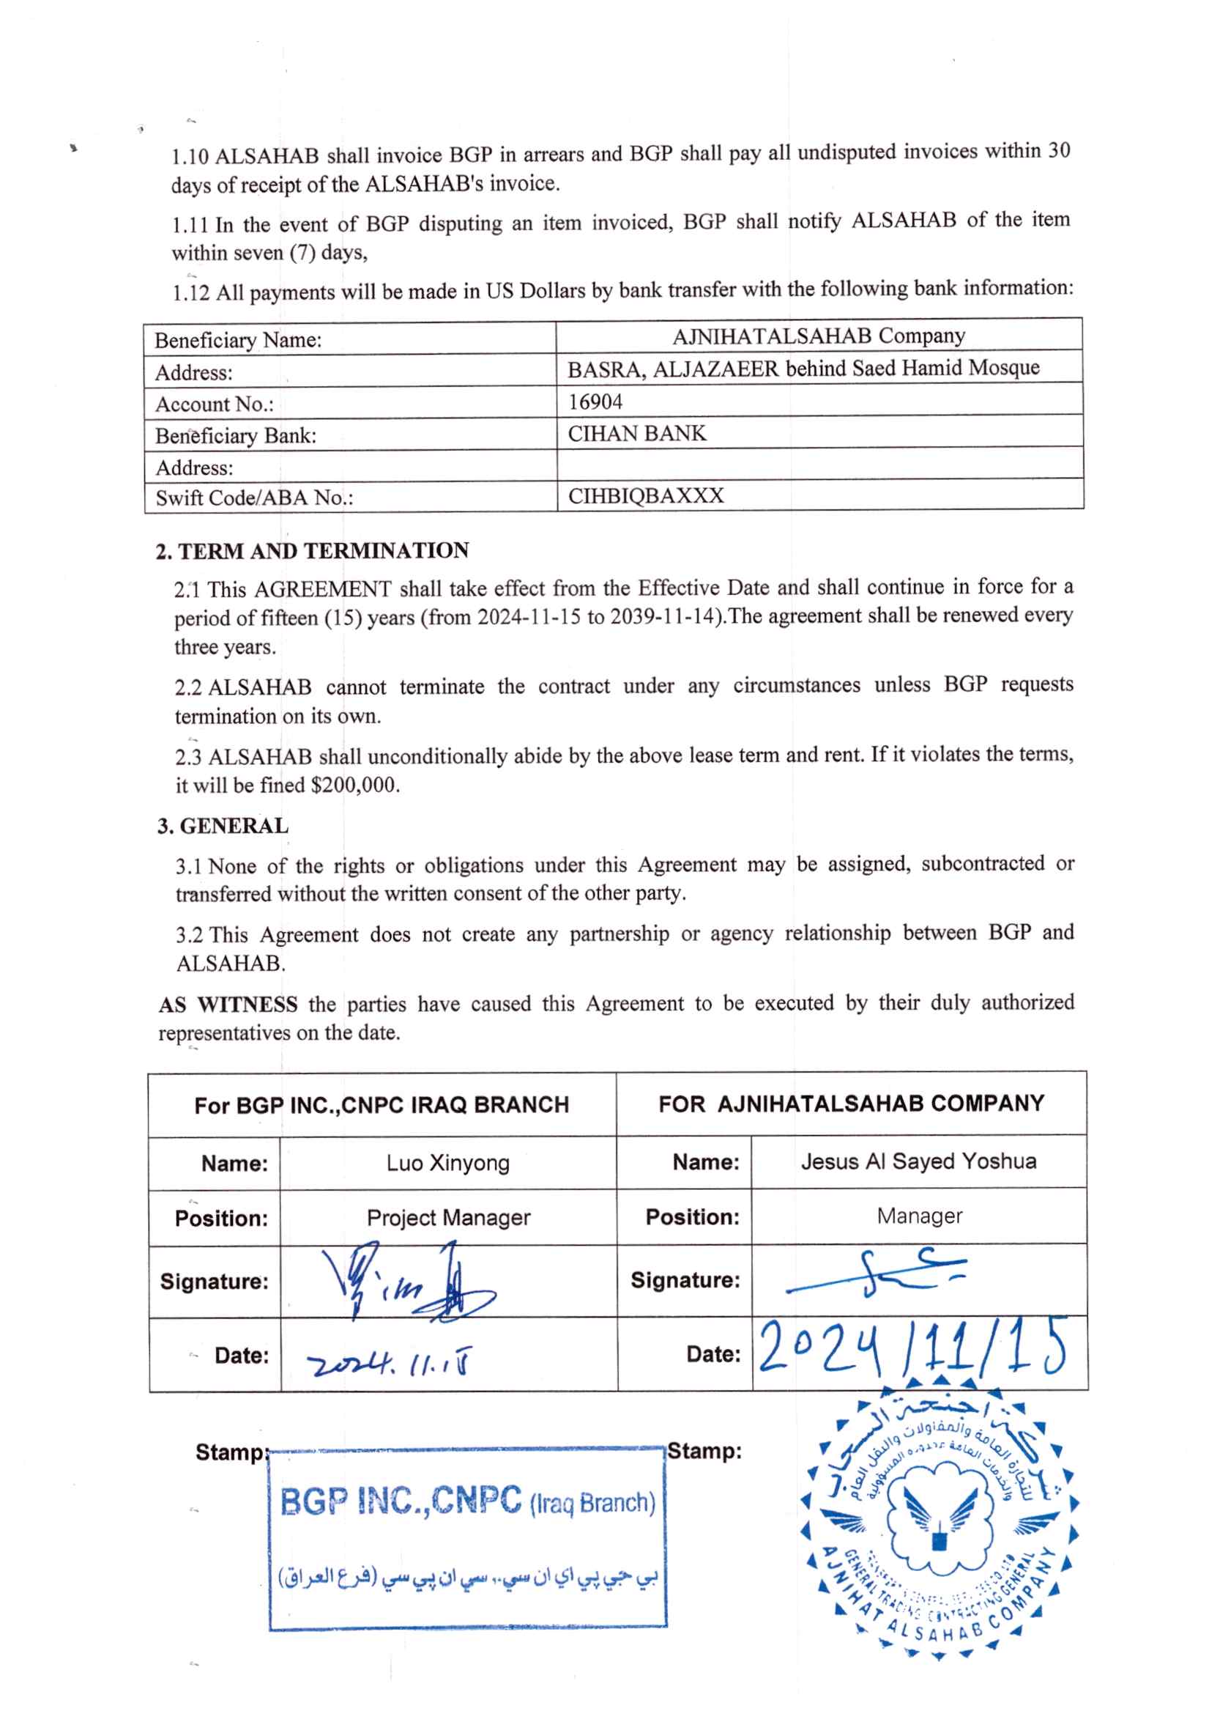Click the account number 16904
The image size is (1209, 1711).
(595, 402)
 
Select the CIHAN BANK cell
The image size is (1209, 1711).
(637, 434)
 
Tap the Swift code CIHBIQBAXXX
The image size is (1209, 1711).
(645, 496)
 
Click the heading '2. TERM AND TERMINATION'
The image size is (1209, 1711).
(312, 552)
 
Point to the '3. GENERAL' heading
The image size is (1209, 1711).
(222, 827)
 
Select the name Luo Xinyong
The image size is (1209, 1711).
(447, 1164)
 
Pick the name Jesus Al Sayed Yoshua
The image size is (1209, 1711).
(918, 1161)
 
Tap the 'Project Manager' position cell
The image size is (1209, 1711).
(447, 1218)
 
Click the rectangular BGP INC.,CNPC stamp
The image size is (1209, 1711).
(467, 1538)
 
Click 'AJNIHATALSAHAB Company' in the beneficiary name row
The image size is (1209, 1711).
(818, 337)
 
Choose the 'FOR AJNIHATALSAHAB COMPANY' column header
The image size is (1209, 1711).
(851, 1104)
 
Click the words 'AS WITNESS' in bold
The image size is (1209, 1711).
(228, 1005)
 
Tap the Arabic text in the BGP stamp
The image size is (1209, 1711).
(467, 1577)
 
